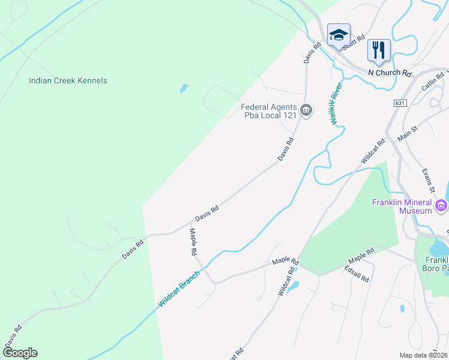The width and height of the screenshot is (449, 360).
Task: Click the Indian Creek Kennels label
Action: click(68, 80)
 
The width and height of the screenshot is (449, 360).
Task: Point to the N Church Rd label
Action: click(390, 73)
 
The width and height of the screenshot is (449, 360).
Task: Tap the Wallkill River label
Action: click(336, 103)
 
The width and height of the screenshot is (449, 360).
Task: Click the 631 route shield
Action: click(400, 103)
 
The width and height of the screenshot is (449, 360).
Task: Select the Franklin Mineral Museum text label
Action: click(402, 206)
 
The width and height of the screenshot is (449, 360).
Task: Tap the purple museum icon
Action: click(442, 206)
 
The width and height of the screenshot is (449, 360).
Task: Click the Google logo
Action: click(20, 353)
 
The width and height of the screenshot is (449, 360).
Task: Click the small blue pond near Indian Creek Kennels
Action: click(183, 89)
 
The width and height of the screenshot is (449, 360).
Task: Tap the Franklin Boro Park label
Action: click(437, 265)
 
